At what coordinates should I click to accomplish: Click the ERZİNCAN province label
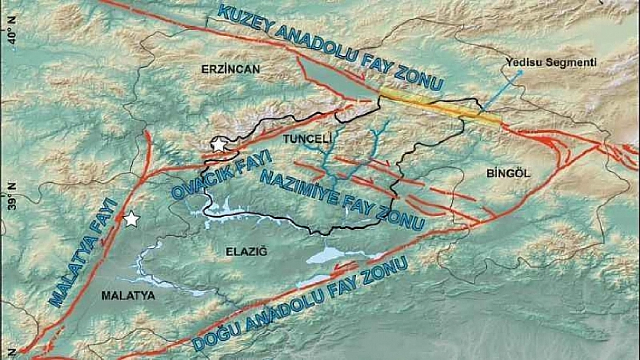pyautogui.click(x=231, y=69)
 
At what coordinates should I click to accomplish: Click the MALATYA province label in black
pyautogui.click(x=128, y=296)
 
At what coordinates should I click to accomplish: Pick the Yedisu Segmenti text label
pyautogui.click(x=551, y=63)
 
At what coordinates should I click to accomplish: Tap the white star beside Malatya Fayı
pyautogui.click(x=131, y=220)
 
